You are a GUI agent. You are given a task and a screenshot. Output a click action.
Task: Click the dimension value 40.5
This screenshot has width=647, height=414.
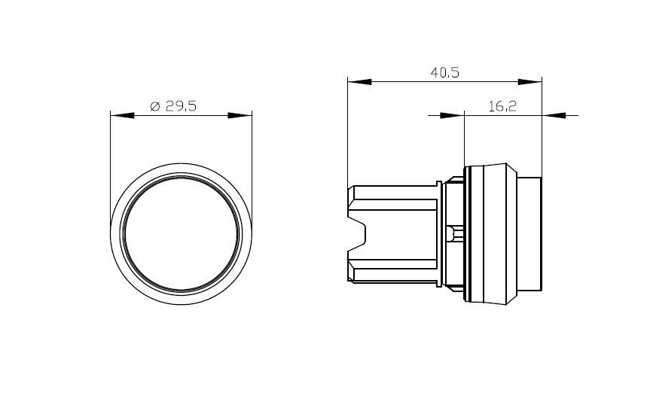click(444, 72)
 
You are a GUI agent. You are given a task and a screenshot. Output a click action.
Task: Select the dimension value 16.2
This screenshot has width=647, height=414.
click(502, 106)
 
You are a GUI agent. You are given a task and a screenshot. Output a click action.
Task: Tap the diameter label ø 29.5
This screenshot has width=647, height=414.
click(173, 106)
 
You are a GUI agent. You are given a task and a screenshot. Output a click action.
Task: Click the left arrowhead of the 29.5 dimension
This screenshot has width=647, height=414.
click(123, 115)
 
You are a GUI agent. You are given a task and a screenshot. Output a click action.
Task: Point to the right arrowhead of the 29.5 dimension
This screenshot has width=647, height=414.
click(240, 115)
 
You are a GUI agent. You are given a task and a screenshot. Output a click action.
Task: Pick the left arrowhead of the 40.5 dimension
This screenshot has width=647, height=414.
click(359, 82)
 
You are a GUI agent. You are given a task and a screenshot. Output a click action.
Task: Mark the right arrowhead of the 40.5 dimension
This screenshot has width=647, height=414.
click(530, 82)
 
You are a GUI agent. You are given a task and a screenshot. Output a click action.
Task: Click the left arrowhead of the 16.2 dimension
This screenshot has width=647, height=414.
click(452, 115)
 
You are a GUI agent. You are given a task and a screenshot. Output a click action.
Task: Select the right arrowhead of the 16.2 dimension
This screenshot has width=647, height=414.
click(554, 115)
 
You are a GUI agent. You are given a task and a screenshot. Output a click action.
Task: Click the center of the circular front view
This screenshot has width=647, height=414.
click(181, 234)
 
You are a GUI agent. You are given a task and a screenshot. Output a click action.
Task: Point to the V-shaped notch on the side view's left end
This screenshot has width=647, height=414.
click(357, 234)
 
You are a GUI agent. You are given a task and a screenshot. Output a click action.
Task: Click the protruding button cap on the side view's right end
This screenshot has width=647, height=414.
click(530, 234)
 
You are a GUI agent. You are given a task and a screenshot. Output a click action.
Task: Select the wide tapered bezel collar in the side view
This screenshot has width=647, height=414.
click(490, 234)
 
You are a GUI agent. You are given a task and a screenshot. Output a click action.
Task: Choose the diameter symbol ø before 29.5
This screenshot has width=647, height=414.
click(154, 106)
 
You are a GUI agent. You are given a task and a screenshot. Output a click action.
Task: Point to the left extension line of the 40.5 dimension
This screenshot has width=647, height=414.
click(347, 132)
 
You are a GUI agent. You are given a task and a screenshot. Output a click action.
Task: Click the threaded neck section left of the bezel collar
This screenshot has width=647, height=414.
click(453, 234)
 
